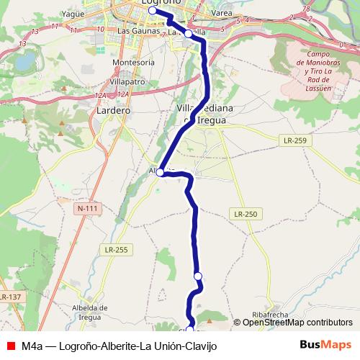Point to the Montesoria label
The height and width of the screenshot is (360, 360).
click(134, 63)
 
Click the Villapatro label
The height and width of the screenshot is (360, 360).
click(127, 81)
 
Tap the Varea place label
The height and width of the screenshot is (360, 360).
click(222, 13)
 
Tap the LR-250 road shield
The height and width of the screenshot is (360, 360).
click(246, 214)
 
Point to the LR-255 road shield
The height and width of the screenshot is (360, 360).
click(116, 250)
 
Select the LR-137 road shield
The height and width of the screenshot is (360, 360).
click(10, 297)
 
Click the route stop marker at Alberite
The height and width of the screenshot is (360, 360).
click(160, 173)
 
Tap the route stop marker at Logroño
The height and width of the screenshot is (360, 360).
click(153, 11)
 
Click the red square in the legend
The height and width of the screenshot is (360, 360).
click(10, 346)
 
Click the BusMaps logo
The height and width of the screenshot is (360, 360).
click(325, 345)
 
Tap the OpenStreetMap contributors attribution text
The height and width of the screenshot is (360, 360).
click(294, 323)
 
